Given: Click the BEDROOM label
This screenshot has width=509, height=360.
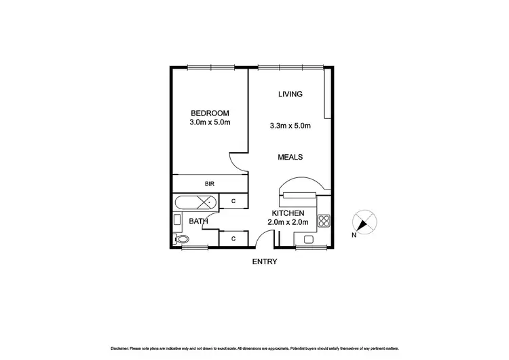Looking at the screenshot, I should pyautogui.click(x=209, y=113).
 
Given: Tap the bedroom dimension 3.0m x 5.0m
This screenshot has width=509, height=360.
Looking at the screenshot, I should pyautogui.click(x=209, y=123).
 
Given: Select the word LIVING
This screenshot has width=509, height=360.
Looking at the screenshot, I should pyautogui.click(x=290, y=94).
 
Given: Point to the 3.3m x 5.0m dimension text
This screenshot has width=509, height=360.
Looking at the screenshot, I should pyautogui.click(x=290, y=125).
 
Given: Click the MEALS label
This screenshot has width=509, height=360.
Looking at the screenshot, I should pyautogui.click(x=290, y=157).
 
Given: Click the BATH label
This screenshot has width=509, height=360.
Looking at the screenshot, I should pyautogui.click(x=198, y=221).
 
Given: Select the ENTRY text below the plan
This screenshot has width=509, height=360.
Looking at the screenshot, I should pyautogui.click(x=265, y=262).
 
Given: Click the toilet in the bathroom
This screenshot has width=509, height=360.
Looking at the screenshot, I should pyautogui.click(x=182, y=238).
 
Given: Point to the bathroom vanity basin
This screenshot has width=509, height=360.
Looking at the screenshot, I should pyautogui.click(x=177, y=219).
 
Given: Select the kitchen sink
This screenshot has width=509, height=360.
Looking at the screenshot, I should pyautogui.click(x=309, y=238).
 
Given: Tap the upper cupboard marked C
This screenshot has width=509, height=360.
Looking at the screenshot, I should pyautogui.click(x=233, y=202).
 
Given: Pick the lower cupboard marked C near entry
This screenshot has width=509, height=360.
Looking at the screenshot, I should pyautogui.click(x=233, y=238).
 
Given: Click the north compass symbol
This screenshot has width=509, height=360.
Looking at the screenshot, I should pyautogui.click(x=363, y=223).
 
